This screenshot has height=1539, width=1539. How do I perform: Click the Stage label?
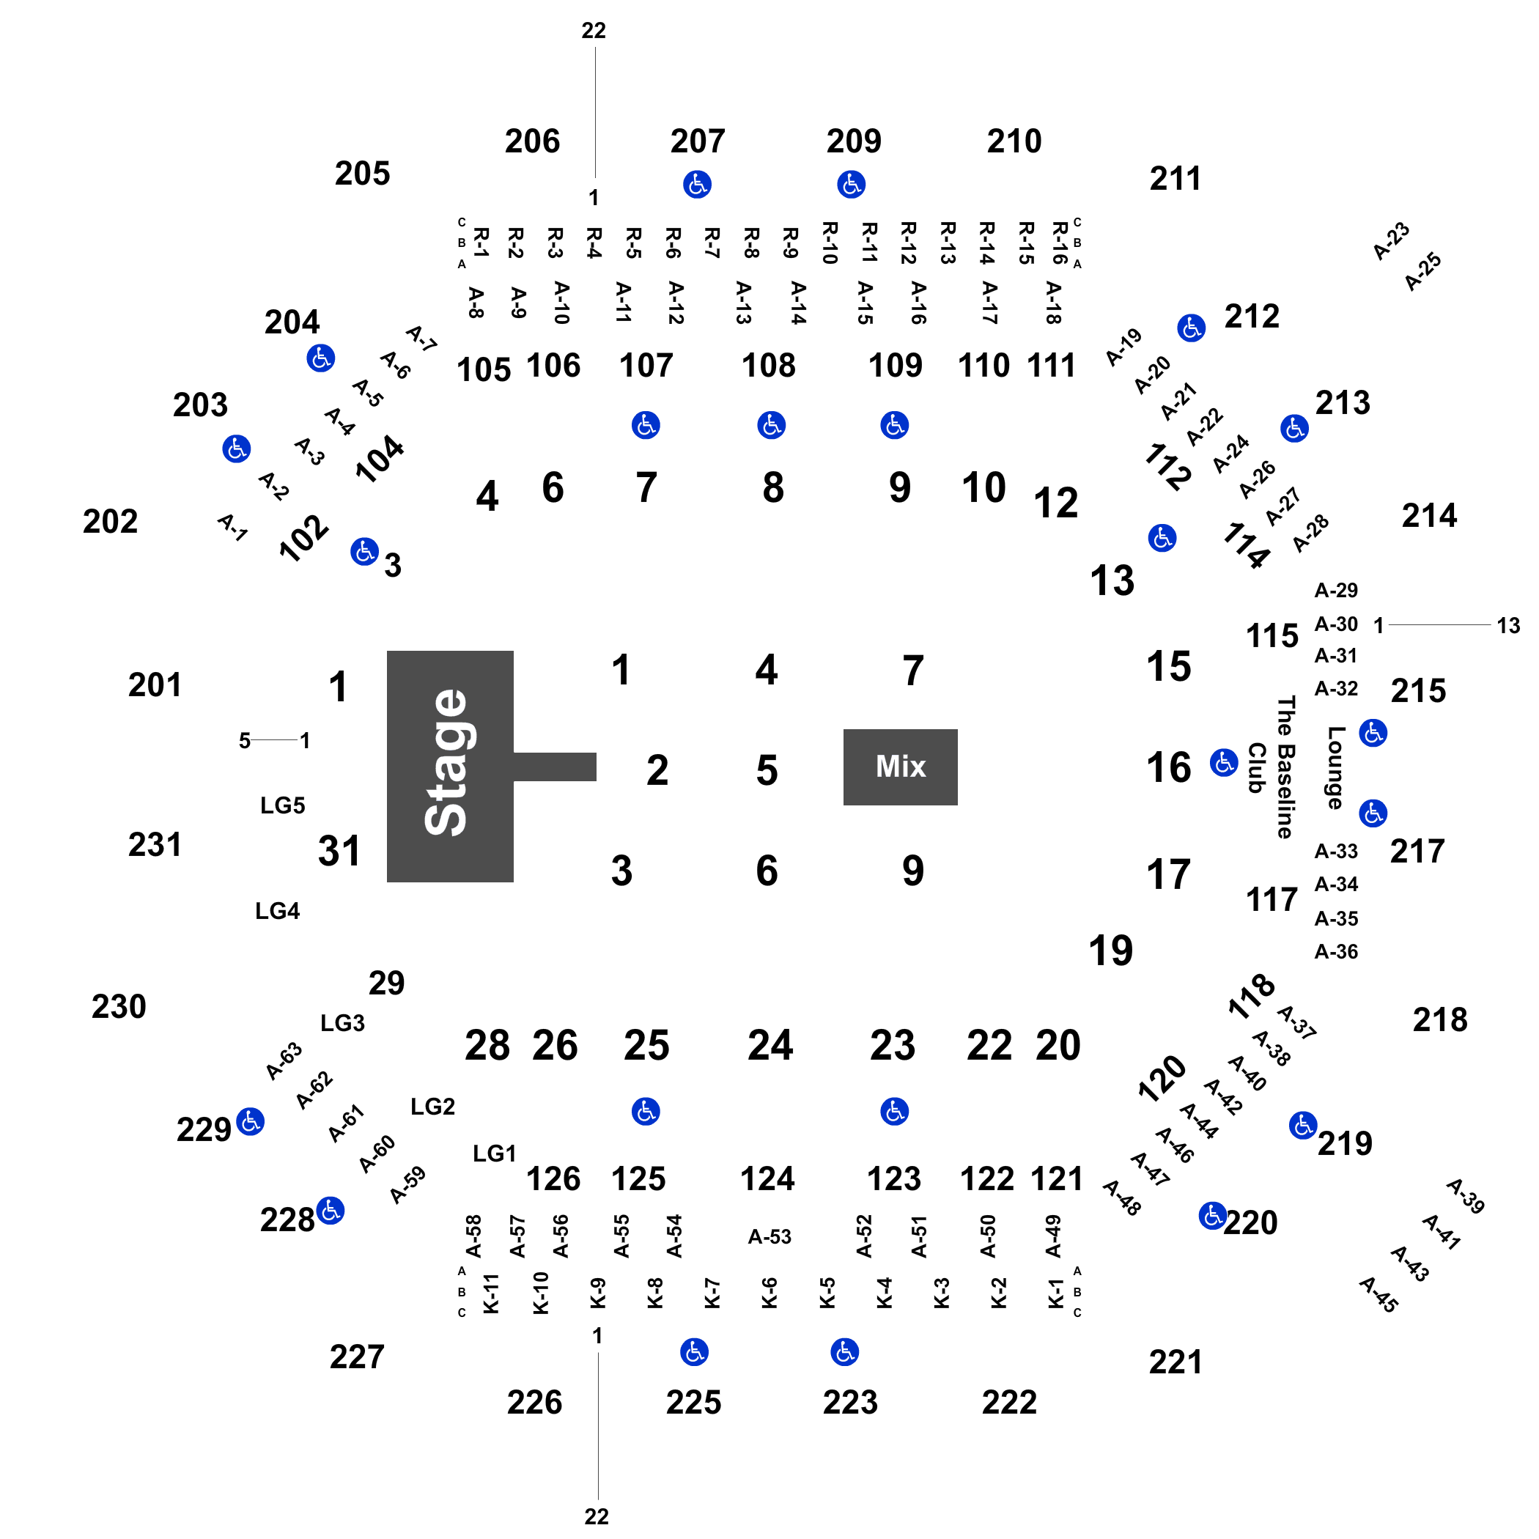(446, 762)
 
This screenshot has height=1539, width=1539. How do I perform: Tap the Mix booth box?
(900, 767)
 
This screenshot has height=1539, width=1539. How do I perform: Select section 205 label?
(363, 173)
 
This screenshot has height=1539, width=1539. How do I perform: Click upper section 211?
(1175, 178)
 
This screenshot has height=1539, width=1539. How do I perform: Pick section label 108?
(769, 366)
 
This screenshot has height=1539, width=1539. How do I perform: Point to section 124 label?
(768, 1178)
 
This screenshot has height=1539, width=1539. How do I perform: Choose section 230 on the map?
(119, 1006)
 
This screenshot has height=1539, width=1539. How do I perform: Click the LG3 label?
(342, 1023)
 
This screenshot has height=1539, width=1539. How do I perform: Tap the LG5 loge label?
(283, 805)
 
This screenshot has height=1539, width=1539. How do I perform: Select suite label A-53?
(769, 1236)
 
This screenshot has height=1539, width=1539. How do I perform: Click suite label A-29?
(1336, 590)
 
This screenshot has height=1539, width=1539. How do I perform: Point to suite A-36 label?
(1336, 951)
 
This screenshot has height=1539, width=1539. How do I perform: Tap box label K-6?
(769, 1293)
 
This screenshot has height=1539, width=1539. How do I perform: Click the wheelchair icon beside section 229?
(251, 1121)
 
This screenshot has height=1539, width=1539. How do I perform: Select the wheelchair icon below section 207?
(697, 185)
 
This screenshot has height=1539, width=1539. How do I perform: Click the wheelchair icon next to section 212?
(1191, 328)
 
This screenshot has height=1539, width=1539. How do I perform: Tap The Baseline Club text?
(1272, 767)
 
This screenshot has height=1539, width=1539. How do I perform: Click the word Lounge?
(1336, 767)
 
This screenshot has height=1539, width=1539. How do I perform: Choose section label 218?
(1440, 1019)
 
